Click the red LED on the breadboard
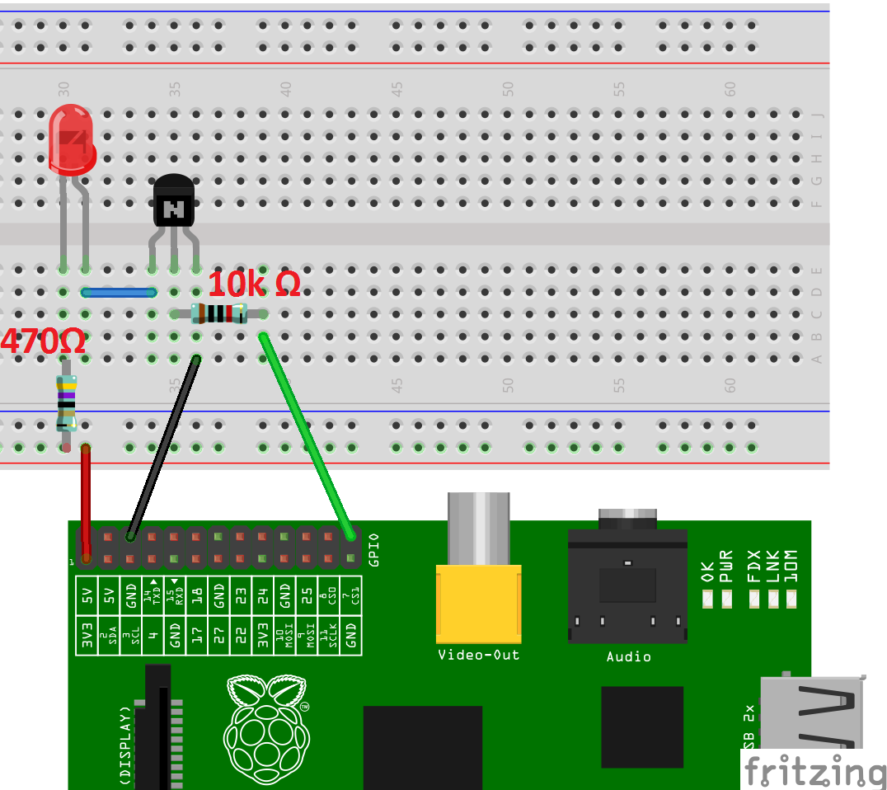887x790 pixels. (71, 139)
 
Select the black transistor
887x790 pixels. (174, 201)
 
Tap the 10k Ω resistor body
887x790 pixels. (218, 313)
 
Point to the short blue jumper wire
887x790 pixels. (119, 292)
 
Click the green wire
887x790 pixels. (305, 433)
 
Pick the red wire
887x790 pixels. (85, 503)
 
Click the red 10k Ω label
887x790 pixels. (254, 284)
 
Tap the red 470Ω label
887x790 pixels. (43, 341)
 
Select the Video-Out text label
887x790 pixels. (478, 656)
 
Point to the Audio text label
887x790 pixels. (628, 657)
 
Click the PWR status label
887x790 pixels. (726, 567)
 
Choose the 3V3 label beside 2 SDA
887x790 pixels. (86, 640)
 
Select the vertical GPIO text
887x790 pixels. (373, 549)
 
